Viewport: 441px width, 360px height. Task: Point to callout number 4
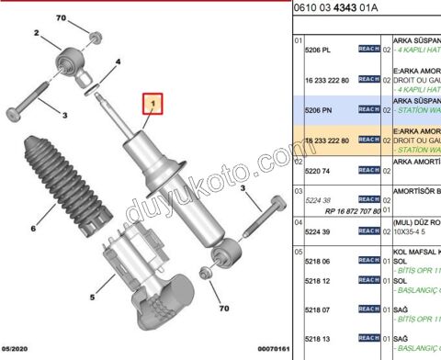(x=118, y=62)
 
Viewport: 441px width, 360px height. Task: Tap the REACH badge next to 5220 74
(x=368, y=170)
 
